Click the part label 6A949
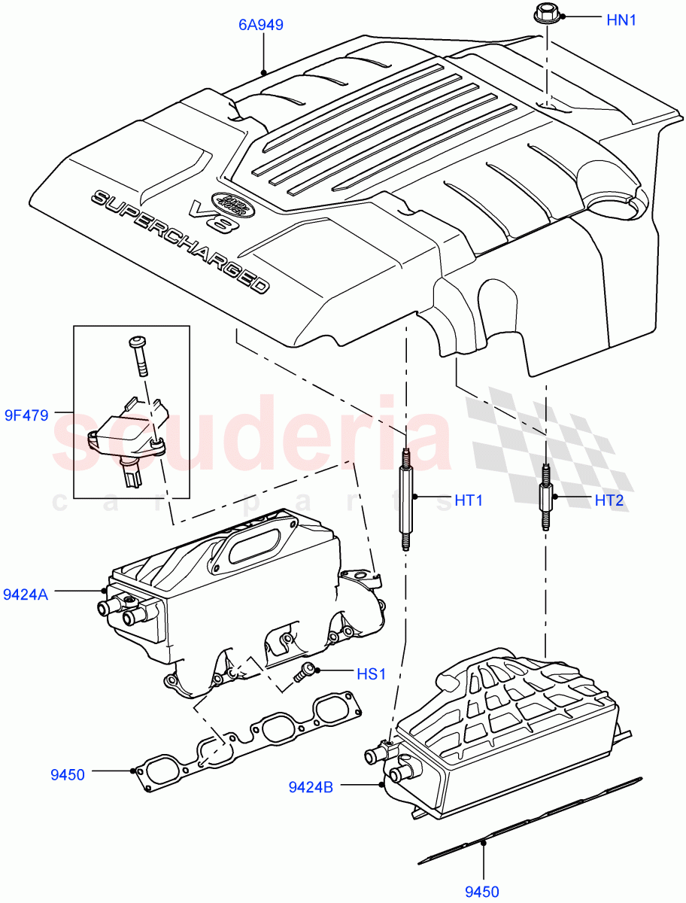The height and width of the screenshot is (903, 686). [x=260, y=25]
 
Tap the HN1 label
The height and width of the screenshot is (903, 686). [x=621, y=20]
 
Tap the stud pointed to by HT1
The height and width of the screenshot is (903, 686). [x=405, y=500]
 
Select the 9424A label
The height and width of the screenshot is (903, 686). [x=26, y=594]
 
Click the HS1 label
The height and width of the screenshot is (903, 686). [x=371, y=674]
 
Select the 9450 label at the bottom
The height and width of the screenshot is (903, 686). [x=481, y=892]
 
